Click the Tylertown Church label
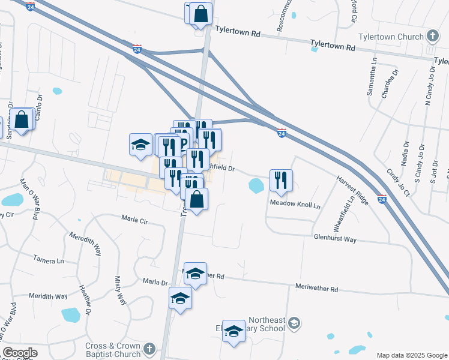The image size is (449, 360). tap(391, 37)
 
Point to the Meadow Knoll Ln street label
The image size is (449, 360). tap(296, 204)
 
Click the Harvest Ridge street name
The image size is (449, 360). tap(352, 190)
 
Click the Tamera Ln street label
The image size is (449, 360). tap(49, 260)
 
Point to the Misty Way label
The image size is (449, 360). tap(121, 290)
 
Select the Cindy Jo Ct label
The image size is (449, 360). tap(397, 182)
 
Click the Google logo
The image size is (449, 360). tap(20, 353)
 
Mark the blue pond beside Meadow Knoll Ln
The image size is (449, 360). tap(256, 187)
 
